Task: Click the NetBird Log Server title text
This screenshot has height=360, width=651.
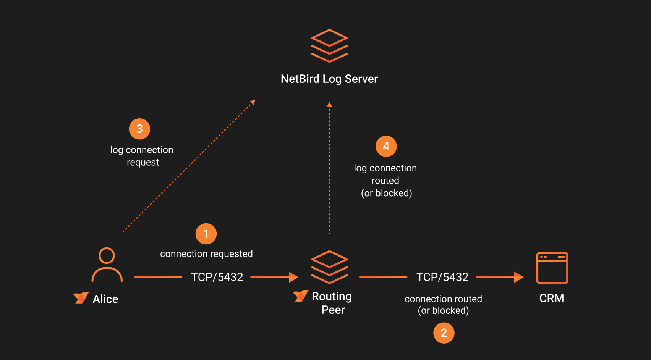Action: coord(329,79)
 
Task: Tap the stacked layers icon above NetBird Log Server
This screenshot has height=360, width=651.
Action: coord(329,46)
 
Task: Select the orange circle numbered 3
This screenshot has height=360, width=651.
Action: coord(139,129)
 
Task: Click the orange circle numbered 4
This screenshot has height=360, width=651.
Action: coord(386,146)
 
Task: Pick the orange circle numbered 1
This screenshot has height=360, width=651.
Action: coord(206,234)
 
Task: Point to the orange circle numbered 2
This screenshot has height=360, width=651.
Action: coord(444,333)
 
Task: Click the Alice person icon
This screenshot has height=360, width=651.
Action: coord(107,265)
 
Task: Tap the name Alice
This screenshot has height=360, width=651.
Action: coord(105,299)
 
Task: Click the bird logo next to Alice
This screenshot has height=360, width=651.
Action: coord(81,298)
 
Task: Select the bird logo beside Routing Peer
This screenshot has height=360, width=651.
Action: coord(300,296)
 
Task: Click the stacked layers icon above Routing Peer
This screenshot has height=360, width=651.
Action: coord(329,267)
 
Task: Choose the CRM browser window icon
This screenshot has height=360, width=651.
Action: coord(552,268)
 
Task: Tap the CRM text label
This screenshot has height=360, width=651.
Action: coord(551,298)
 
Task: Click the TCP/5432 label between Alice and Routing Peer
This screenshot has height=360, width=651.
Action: coord(217,277)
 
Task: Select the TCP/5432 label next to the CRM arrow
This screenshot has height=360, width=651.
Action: coord(442,277)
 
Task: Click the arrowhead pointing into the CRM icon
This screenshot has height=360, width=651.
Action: coord(518,277)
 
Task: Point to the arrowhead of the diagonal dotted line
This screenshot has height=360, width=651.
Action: coord(253,102)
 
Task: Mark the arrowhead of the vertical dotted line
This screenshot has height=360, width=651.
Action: coord(329,105)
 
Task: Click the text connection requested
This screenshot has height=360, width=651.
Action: coord(206,254)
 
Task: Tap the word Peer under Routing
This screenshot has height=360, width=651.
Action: coord(333,310)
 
